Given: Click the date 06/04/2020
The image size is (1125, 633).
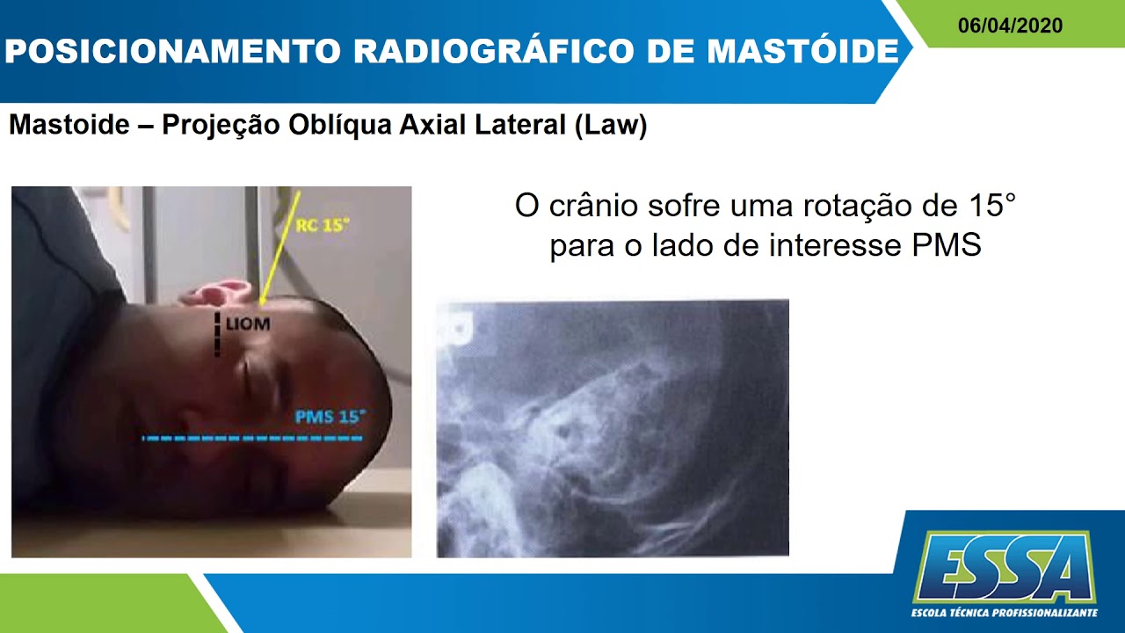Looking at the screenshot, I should [x=1010, y=25].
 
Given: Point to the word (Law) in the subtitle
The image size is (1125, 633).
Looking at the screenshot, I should [x=611, y=126].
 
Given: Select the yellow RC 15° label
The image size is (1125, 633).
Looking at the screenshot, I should [x=322, y=225].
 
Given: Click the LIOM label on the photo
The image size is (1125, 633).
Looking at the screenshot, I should [x=248, y=324].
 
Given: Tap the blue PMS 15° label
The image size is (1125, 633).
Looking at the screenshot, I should [x=329, y=416].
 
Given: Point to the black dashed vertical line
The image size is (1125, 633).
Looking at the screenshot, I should [x=217, y=334].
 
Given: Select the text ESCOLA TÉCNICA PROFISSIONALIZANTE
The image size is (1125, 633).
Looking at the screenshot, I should [x=1004, y=612].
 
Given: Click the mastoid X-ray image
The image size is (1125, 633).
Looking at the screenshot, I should [x=613, y=428].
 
